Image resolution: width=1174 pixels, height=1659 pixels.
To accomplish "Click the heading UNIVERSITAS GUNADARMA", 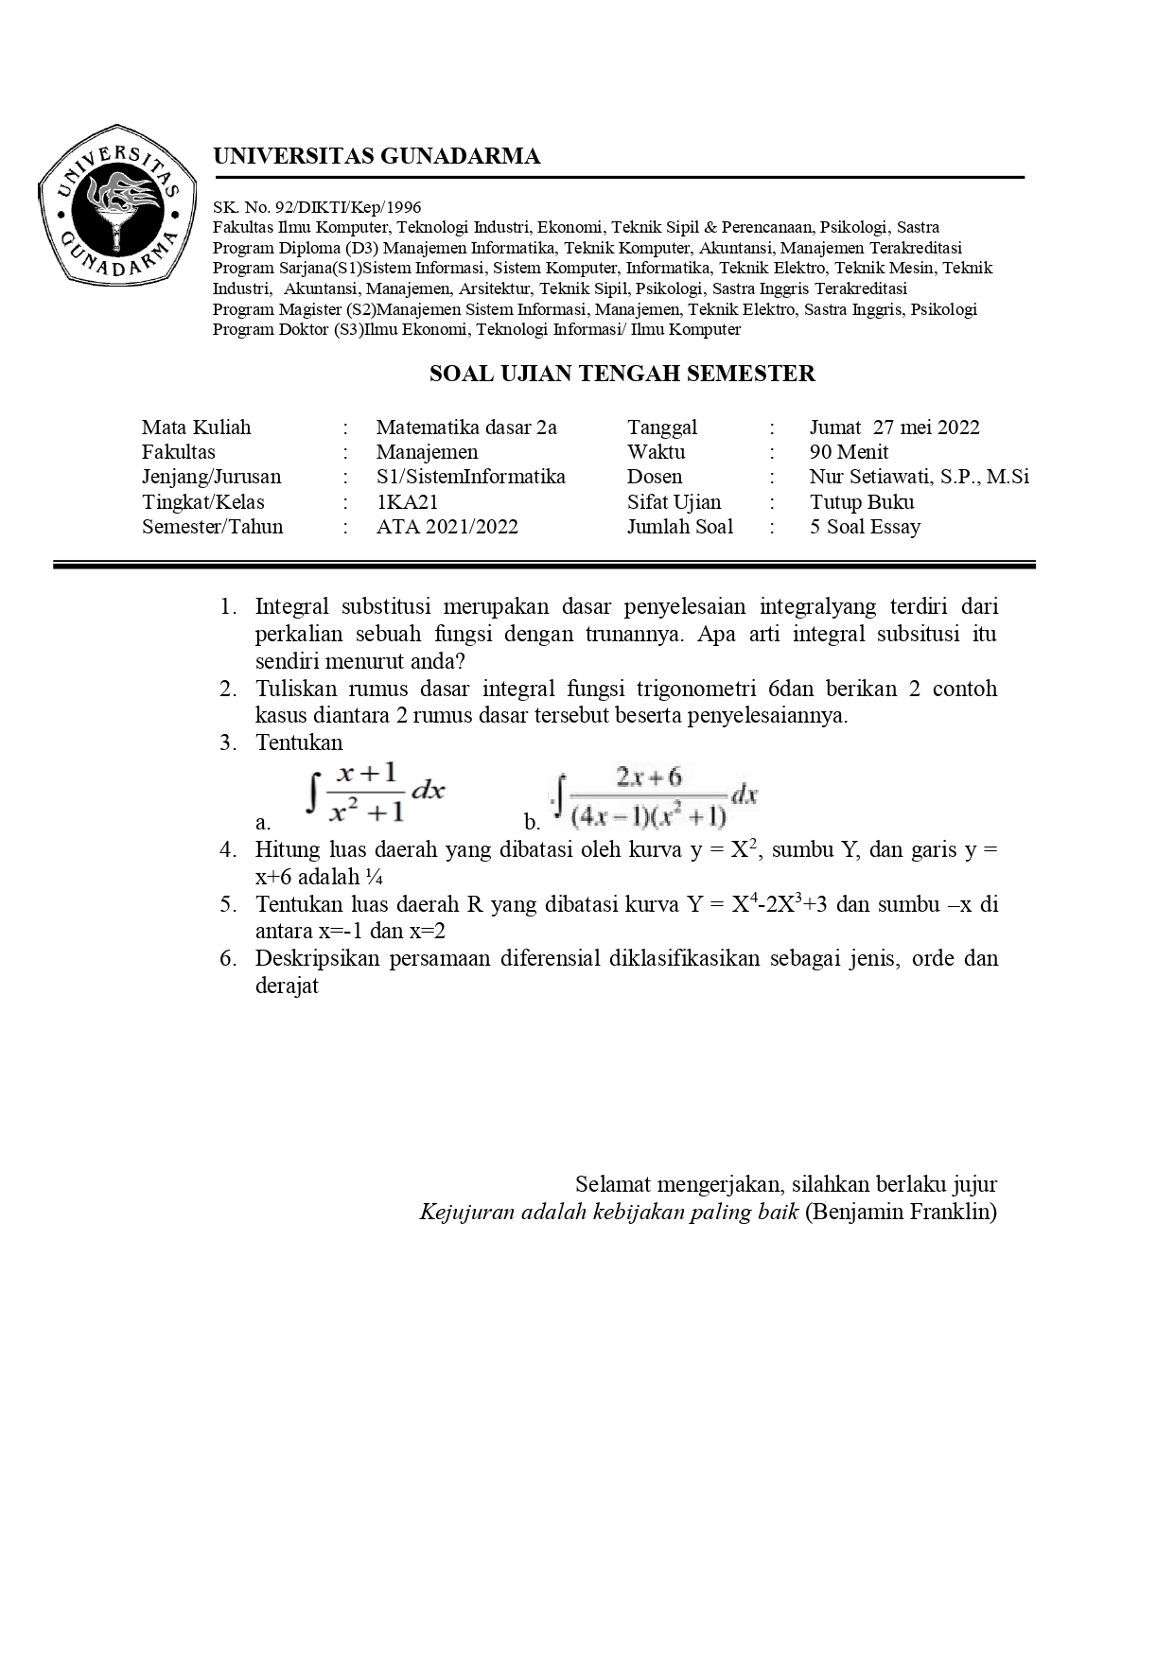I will [377, 157].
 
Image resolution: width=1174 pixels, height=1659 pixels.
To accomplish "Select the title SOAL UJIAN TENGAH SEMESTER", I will [622, 374].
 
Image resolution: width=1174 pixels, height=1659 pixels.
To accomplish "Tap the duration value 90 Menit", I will [849, 452].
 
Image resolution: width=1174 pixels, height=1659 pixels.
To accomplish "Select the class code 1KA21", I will [407, 502].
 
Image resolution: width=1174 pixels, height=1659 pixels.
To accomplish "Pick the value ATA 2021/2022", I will [447, 527].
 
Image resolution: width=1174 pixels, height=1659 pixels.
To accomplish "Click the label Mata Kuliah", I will [196, 428].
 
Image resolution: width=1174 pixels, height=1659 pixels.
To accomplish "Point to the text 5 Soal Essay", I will [865, 527].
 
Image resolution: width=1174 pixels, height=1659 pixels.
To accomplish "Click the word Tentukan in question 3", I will [299, 742].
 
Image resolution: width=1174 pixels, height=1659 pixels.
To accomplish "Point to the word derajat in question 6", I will [287, 986].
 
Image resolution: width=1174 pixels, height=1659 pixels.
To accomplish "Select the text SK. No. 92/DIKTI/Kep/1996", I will [317, 207].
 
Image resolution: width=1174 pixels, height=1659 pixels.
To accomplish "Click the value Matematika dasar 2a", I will [466, 428].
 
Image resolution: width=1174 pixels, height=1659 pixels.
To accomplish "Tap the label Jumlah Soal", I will [679, 527].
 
